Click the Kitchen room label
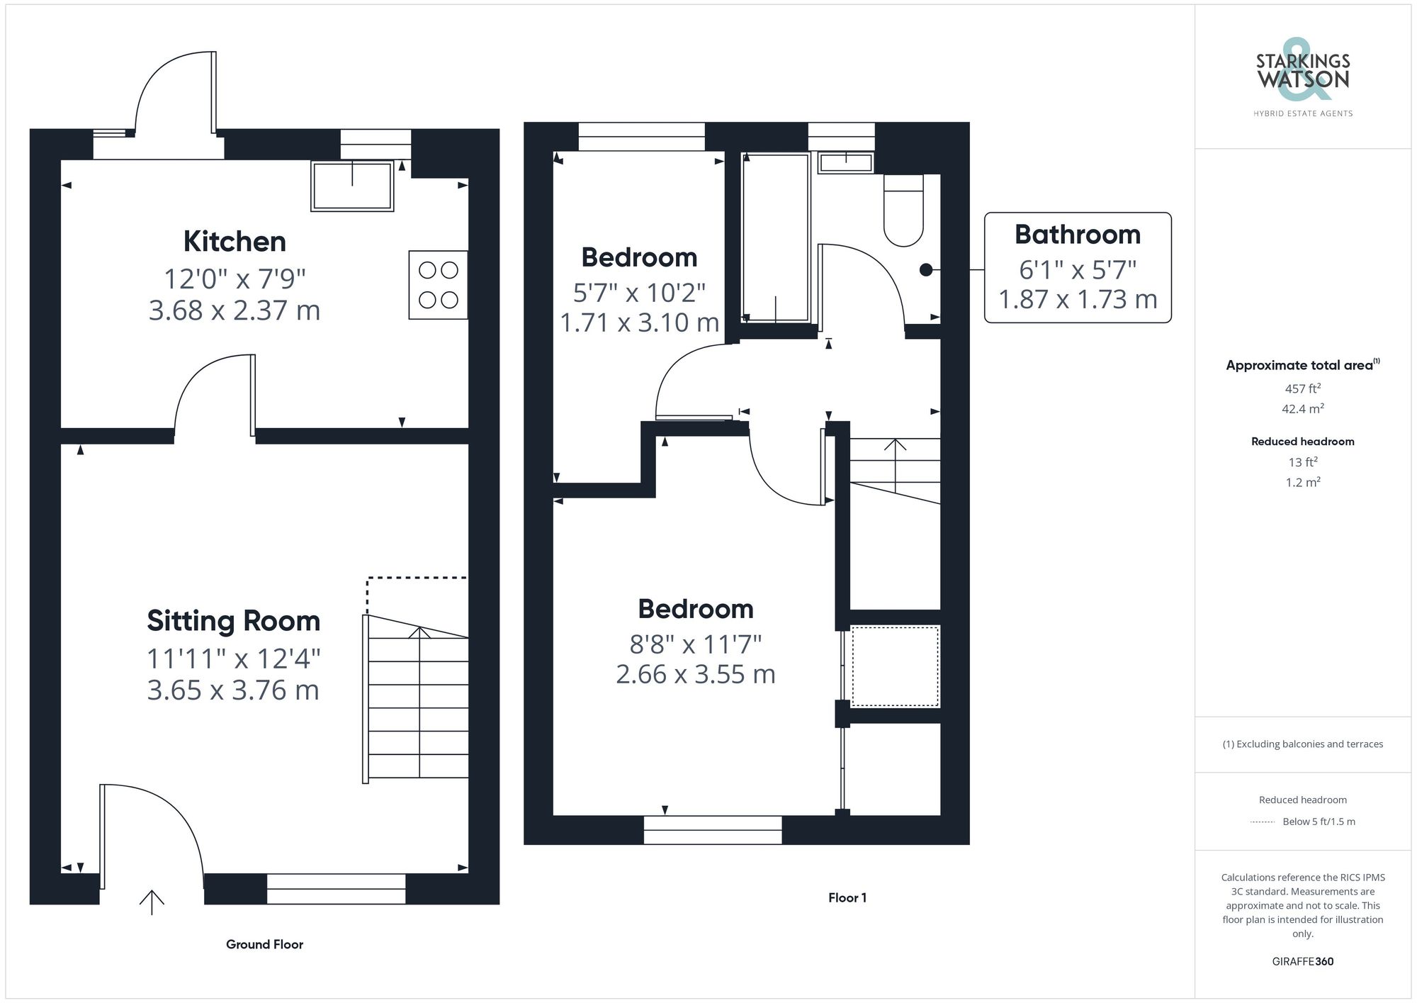(235, 242)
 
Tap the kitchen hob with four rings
(438, 284)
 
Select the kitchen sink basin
(352, 186)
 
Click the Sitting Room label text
(233, 621)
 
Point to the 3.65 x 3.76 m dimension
(233, 690)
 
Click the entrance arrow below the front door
(152, 902)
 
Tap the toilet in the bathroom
(903, 210)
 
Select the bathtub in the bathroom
(775, 237)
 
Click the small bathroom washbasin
(845, 163)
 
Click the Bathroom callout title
(1077, 235)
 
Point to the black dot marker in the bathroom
(925, 269)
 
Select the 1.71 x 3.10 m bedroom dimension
(639, 323)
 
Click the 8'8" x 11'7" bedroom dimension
(695, 644)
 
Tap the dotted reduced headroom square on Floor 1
(895, 666)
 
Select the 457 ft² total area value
(1302, 388)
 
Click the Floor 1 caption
(847, 898)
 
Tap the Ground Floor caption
(264, 944)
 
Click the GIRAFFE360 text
(1302, 962)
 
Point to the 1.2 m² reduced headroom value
(1302, 483)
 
